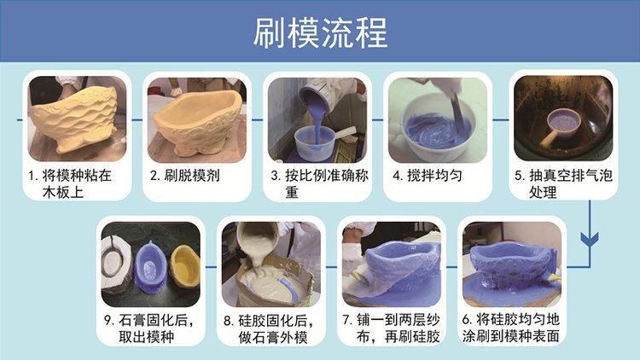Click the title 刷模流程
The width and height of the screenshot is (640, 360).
click(320, 32)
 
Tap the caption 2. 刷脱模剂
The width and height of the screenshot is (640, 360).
click(185, 176)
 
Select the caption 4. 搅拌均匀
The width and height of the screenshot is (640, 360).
click(428, 176)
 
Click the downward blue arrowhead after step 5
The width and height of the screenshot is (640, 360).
click(590, 240)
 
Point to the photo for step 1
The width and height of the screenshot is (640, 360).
click(77, 119)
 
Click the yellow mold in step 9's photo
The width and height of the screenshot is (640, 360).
click(184, 267)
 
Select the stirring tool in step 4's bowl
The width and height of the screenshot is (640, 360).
click(456, 111)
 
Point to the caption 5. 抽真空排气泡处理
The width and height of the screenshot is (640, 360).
click(563, 183)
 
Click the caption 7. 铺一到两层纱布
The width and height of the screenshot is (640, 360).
click(391, 328)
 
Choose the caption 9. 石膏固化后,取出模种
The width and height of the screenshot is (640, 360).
click(148, 328)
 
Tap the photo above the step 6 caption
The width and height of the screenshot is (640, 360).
click(512, 264)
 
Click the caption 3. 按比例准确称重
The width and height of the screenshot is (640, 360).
click(320, 183)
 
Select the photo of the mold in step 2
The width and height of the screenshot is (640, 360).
click(197, 119)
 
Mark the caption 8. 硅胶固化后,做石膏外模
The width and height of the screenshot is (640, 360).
click(270, 328)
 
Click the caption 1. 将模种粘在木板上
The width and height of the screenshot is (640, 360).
click(70, 183)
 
